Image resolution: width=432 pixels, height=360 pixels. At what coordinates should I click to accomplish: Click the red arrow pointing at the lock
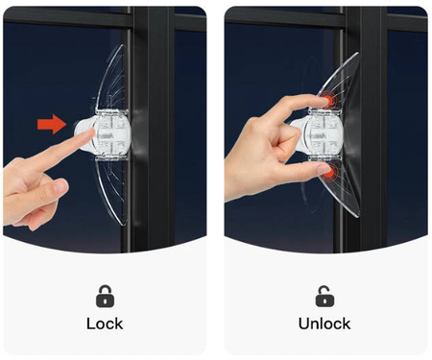(52, 124)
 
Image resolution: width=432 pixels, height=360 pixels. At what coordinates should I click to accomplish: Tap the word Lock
(105, 324)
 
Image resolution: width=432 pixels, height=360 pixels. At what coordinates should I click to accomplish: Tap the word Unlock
(324, 324)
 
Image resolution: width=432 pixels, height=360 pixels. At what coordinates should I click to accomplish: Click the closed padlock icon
(105, 296)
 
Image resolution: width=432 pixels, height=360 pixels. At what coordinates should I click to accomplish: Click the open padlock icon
(324, 296)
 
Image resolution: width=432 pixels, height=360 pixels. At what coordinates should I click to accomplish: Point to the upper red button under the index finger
(327, 99)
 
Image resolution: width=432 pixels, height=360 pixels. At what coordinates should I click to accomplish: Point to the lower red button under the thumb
(328, 173)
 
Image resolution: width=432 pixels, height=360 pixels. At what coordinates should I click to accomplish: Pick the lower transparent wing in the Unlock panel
(341, 189)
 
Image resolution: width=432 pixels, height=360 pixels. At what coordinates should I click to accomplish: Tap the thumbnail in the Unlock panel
(323, 169)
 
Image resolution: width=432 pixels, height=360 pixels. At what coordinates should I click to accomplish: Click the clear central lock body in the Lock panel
(113, 133)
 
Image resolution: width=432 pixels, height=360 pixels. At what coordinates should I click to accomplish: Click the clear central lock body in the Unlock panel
(324, 133)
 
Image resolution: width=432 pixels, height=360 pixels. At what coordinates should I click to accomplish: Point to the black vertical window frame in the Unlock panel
(367, 128)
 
